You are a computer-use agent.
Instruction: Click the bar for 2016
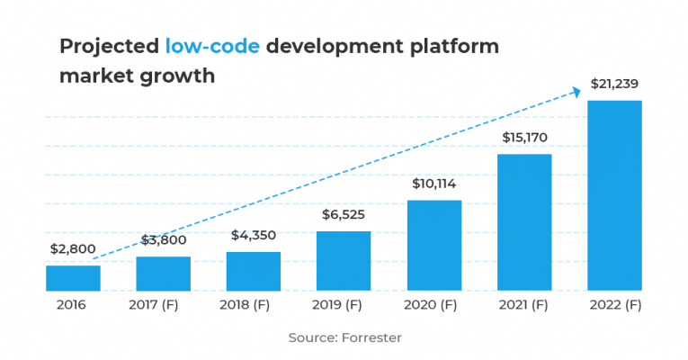[73, 278]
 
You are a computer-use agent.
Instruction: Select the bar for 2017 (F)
[163, 274]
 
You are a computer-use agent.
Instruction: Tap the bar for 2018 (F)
[254, 271]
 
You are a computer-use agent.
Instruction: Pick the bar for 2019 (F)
[344, 261]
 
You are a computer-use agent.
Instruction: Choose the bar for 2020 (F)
[434, 245]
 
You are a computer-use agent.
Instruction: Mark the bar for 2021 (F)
[524, 222]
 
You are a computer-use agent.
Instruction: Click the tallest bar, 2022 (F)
[614, 195]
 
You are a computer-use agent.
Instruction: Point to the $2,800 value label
[73, 249]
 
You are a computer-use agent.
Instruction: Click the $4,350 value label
[254, 235]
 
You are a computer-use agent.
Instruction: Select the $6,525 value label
[344, 215]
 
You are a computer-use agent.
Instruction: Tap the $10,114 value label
[434, 184]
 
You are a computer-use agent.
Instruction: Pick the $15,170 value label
[524, 138]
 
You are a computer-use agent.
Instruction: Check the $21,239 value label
[614, 84]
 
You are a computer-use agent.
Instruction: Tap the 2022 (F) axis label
[614, 305]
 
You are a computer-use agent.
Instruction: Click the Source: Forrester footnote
[344, 337]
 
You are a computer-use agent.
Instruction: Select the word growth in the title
[176, 76]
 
